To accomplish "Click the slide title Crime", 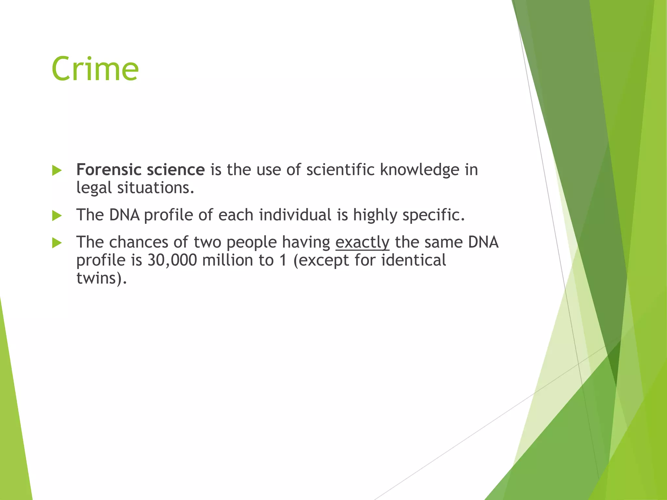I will pyautogui.click(x=95, y=69).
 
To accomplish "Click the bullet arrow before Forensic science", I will pyautogui.click(x=57, y=170).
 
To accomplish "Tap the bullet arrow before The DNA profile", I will pyautogui.click(x=57, y=215).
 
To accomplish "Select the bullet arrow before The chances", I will pyautogui.click(x=57, y=243).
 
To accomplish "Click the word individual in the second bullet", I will pyautogui.click(x=295, y=215).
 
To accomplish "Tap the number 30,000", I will pyautogui.click(x=172, y=260).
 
